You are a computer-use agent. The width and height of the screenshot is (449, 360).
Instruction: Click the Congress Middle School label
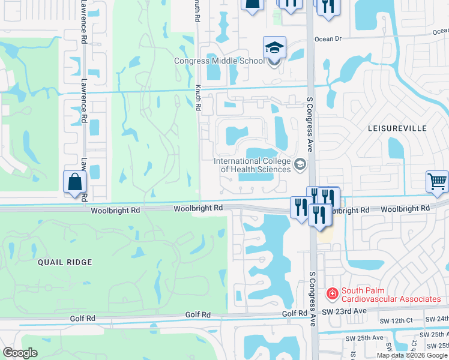[x=218, y=61]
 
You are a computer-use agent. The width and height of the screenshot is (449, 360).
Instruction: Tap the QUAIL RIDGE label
[x=65, y=262]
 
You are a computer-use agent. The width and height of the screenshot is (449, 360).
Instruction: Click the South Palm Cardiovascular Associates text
[x=391, y=295]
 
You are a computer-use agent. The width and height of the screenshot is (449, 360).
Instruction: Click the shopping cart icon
[x=437, y=181]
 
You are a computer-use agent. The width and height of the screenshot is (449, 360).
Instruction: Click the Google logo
[x=20, y=353]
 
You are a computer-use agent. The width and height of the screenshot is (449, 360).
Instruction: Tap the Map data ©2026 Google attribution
[x=412, y=355]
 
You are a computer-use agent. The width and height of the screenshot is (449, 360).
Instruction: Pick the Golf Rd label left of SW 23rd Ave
[x=295, y=314]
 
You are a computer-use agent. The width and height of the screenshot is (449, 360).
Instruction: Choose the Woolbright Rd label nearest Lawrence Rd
[x=115, y=211]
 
